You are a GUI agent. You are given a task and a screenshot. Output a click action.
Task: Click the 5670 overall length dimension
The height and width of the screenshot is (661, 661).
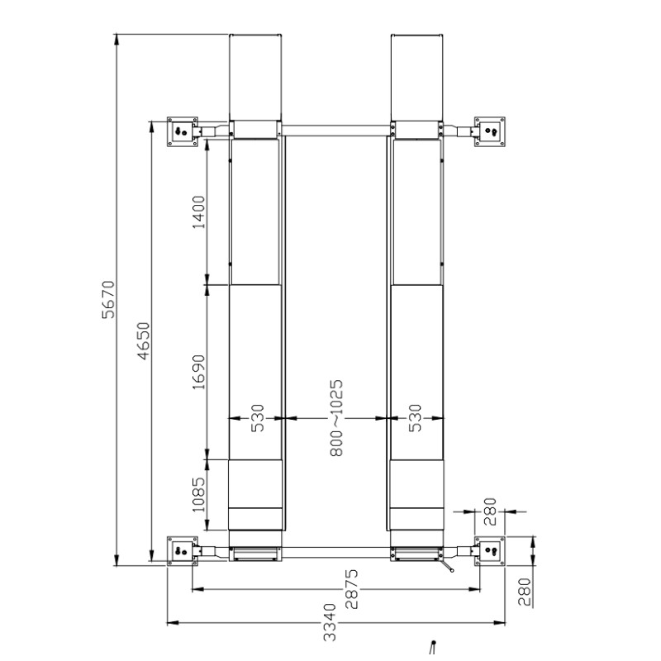click(108, 299)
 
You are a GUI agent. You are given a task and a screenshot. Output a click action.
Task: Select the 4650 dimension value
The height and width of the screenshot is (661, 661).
click(144, 341)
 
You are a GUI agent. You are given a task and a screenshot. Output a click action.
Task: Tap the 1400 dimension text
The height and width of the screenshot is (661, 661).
click(198, 212)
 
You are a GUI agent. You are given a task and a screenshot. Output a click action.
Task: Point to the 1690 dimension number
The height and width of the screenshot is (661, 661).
click(198, 373)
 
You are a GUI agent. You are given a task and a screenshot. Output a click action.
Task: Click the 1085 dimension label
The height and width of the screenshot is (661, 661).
click(198, 494)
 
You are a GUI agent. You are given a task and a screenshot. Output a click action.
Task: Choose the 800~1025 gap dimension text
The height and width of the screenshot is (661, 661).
click(336, 418)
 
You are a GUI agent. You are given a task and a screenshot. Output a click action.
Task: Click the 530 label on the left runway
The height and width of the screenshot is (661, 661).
click(257, 418)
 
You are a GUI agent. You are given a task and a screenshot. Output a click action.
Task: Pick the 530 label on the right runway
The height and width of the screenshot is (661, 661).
click(416, 418)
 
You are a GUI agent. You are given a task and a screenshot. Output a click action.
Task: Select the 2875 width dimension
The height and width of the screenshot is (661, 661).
click(351, 589)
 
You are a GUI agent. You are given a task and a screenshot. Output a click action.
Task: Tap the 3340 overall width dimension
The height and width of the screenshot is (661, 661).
click(330, 622)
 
